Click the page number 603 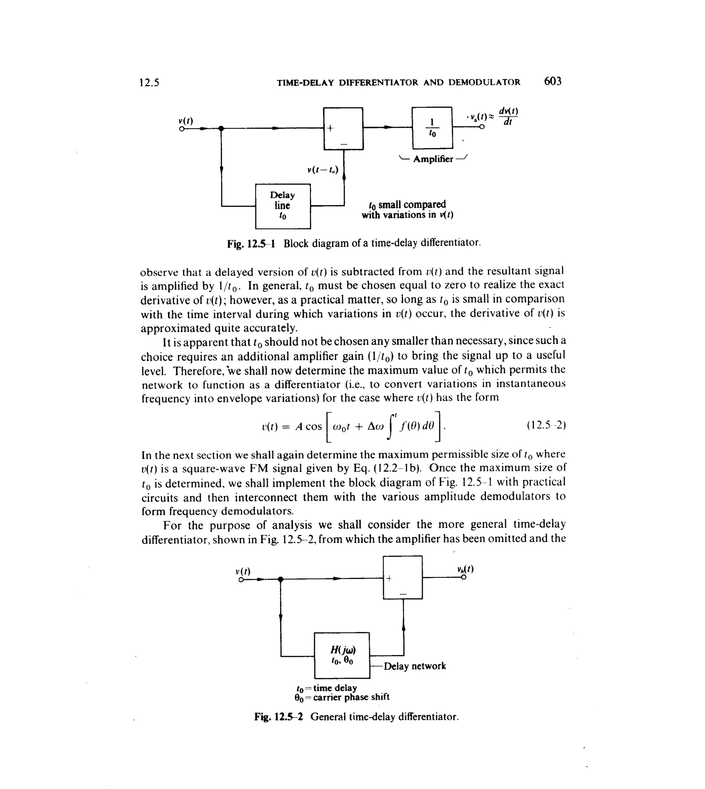(x=553, y=81)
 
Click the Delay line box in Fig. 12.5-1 (x=283, y=206)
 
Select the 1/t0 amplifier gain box (x=432, y=128)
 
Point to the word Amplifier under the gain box (x=433, y=159)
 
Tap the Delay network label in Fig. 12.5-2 (x=414, y=666)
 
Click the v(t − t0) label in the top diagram (x=322, y=170)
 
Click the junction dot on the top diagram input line (x=221, y=129)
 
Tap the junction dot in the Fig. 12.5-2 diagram (x=281, y=579)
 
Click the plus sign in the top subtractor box (x=330, y=128)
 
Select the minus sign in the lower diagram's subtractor (x=403, y=594)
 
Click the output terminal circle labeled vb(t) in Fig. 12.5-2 (x=463, y=578)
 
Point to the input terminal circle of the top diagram (x=181, y=129)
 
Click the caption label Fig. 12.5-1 (x=251, y=244)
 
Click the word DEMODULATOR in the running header (x=484, y=83)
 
